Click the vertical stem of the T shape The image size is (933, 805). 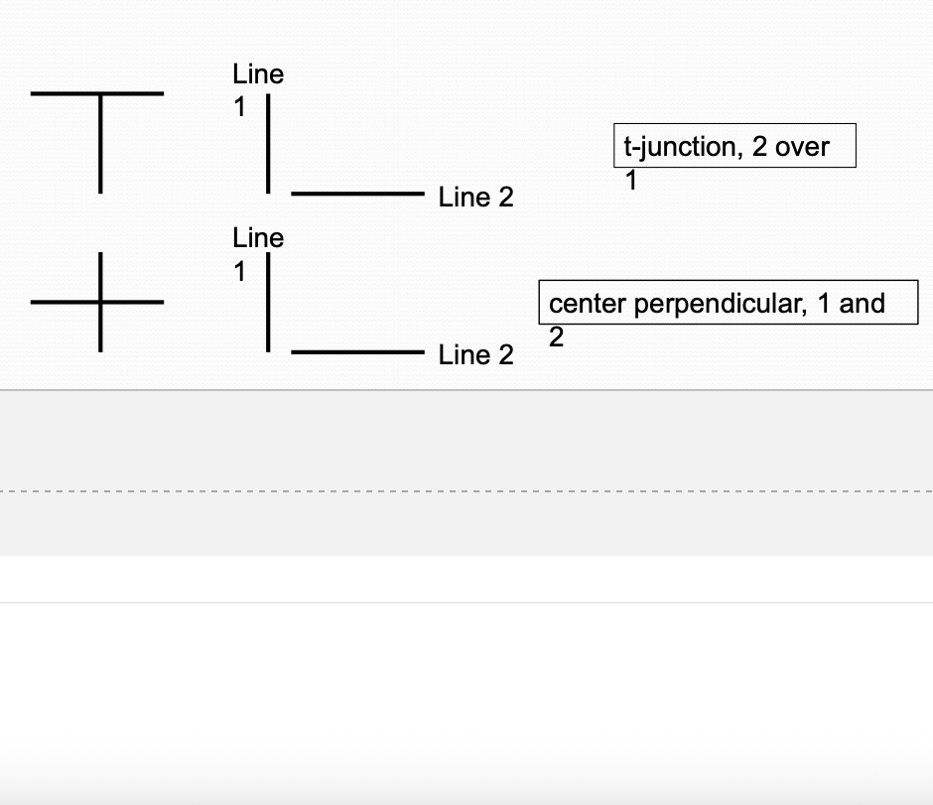[x=100, y=149]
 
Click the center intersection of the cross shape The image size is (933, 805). [x=100, y=302]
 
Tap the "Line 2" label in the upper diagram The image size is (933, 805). [x=476, y=198]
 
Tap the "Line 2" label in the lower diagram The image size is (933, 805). [x=476, y=355]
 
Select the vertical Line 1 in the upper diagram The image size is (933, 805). [x=268, y=144]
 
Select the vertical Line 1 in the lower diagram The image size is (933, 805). [x=268, y=303]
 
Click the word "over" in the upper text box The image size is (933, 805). [x=802, y=148]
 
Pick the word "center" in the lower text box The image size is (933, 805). [x=588, y=304]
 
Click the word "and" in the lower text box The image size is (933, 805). [x=862, y=304]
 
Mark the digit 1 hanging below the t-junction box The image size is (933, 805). [x=630, y=182]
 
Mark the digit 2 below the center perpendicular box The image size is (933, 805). [x=556, y=337]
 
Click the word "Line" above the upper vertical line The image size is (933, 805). [x=258, y=74]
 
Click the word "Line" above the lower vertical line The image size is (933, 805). [x=258, y=238]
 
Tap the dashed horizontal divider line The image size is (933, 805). [x=466, y=490]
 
